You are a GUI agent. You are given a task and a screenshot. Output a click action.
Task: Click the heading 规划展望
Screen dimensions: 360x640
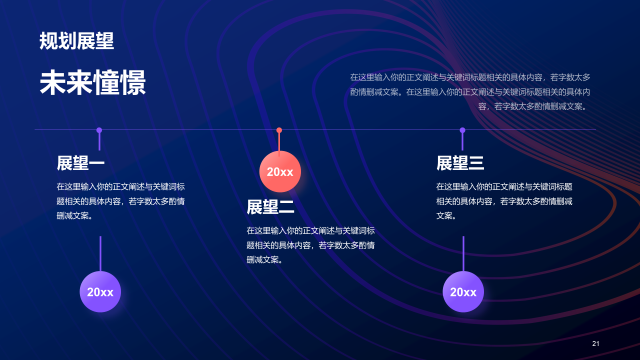pyautogui.click(x=77, y=41)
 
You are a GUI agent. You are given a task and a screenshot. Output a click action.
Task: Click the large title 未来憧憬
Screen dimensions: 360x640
pyautogui.click(x=93, y=83)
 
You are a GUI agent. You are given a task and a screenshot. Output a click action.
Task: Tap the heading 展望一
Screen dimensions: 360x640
pyautogui.click(x=80, y=163)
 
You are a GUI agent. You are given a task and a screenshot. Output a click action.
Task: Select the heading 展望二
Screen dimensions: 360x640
pyautogui.click(x=270, y=207)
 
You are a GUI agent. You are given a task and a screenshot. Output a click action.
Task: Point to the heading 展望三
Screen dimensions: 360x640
pyautogui.click(x=460, y=163)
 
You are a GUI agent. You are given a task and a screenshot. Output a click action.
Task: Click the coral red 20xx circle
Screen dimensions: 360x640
pyautogui.click(x=280, y=172)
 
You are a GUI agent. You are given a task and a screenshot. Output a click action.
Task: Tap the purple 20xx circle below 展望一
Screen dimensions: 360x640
pyautogui.click(x=100, y=292)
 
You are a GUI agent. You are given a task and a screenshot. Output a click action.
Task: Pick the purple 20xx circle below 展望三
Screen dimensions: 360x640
pyautogui.click(x=463, y=292)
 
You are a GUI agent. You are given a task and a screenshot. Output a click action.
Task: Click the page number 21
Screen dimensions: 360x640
pyautogui.click(x=595, y=343)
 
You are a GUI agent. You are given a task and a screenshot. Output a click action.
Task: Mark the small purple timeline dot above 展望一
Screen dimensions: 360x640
pyautogui.click(x=99, y=130)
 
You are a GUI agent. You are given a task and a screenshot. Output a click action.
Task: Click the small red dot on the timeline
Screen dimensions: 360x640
pyautogui.click(x=279, y=130)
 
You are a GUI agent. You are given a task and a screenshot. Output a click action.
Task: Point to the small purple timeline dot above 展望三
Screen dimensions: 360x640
pyautogui.click(x=462, y=130)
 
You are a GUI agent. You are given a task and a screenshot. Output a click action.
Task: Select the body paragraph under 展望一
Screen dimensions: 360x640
pyautogui.click(x=120, y=201)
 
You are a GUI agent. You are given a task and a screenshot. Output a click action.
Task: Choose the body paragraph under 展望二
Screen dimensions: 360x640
pyautogui.click(x=310, y=245)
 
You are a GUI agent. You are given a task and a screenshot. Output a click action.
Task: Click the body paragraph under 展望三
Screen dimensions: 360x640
pyautogui.click(x=504, y=201)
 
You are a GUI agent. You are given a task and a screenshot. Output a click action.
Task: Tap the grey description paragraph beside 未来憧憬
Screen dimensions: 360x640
pyautogui.click(x=470, y=92)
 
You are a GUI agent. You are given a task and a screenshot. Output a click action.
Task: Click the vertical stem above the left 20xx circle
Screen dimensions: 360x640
pyautogui.click(x=100, y=253)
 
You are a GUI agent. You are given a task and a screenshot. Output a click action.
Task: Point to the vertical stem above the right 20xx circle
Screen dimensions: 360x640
pyautogui.click(x=463, y=253)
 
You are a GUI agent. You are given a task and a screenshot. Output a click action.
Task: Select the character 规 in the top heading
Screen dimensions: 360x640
pyautogui.click(x=48, y=41)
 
